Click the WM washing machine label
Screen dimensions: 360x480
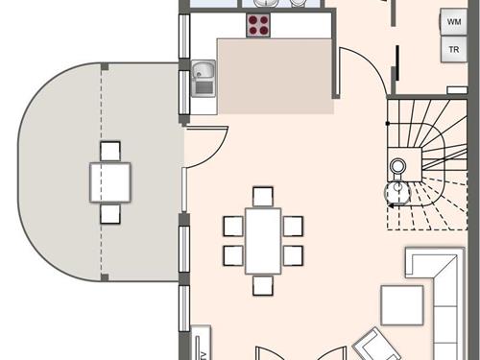[x=453, y=20]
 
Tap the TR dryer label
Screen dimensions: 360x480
[x=453, y=48]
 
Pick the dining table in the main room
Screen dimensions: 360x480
[x=263, y=240]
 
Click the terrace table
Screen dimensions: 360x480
[x=110, y=181]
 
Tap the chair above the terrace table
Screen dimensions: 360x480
[x=110, y=151]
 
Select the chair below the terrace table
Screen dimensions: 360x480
[x=110, y=213]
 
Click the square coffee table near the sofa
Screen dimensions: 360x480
[x=401, y=305]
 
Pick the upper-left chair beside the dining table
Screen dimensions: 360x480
[x=232, y=226]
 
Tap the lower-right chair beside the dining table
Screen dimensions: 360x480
[x=294, y=255]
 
